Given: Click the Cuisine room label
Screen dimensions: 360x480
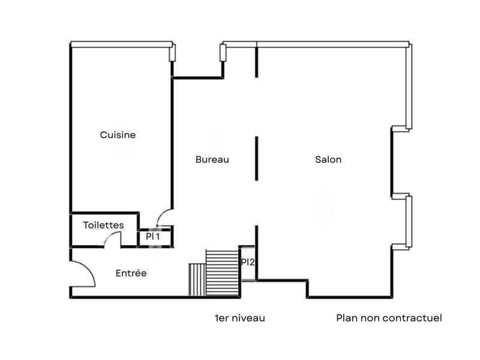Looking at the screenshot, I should [118, 135].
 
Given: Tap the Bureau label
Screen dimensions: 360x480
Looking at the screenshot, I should [212, 160].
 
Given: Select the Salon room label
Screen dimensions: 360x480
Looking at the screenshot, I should [328, 160].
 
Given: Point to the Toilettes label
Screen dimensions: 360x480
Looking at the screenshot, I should [104, 225].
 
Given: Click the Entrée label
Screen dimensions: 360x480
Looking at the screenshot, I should [131, 273].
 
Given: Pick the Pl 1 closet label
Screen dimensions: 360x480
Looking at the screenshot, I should [154, 237].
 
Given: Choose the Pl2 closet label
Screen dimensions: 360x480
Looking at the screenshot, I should [248, 262].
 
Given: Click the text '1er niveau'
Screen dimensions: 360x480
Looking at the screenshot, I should [239, 318].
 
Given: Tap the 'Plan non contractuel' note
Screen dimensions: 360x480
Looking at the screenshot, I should [389, 318].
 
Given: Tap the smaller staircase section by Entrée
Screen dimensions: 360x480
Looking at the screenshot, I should [197, 279].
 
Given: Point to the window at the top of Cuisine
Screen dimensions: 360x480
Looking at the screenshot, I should [122, 44].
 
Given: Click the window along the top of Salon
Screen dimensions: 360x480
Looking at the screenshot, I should [333, 44].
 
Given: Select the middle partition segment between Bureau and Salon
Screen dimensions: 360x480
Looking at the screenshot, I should [257, 158].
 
